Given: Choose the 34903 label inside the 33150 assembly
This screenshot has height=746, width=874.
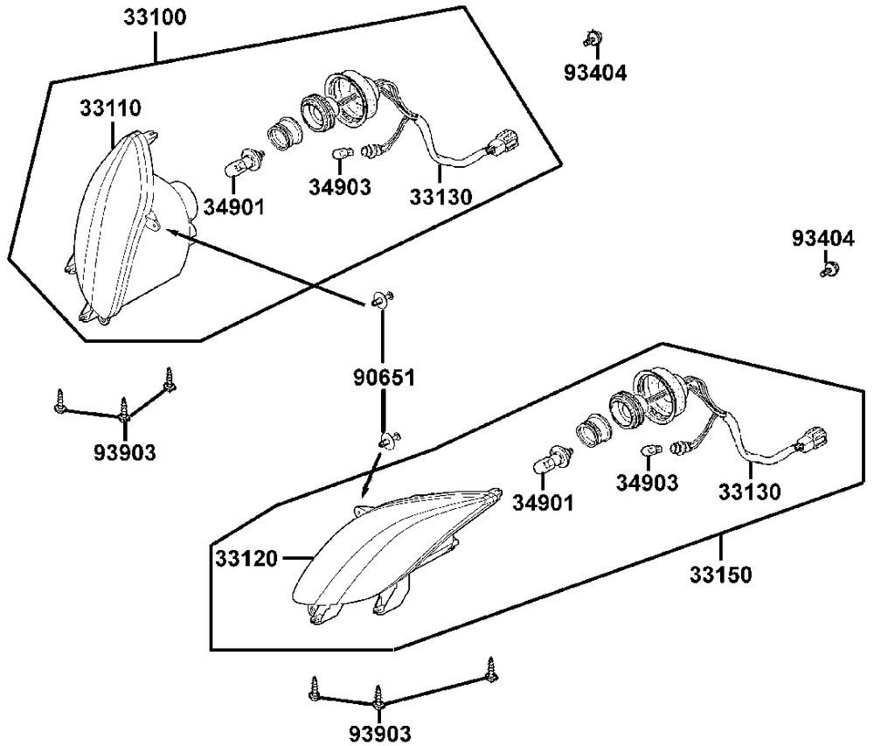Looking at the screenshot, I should coord(646,482).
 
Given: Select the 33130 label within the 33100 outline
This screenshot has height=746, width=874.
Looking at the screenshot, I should coord(440,198).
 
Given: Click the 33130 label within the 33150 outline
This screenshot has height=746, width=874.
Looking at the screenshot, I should coord(749,492).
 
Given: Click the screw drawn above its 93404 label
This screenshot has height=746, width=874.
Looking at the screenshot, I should coord(592,39).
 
